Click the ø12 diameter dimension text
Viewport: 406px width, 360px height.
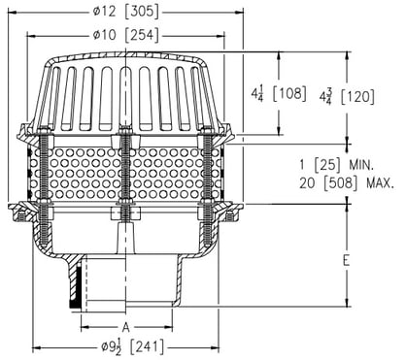(x=104, y=12)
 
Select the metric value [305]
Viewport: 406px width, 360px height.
(x=143, y=12)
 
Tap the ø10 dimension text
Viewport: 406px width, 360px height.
(x=104, y=35)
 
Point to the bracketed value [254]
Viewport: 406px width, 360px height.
(x=143, y=35)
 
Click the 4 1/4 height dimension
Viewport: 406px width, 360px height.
(x=257, y=94)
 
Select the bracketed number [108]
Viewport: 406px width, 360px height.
(x=289, y=94)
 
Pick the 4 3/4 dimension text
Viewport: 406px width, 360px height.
(x=325, y=96)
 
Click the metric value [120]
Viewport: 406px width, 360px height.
(x=357, y=97)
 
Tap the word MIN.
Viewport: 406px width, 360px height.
(x=361, y=166)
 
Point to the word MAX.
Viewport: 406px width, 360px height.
(x=381, y=183)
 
